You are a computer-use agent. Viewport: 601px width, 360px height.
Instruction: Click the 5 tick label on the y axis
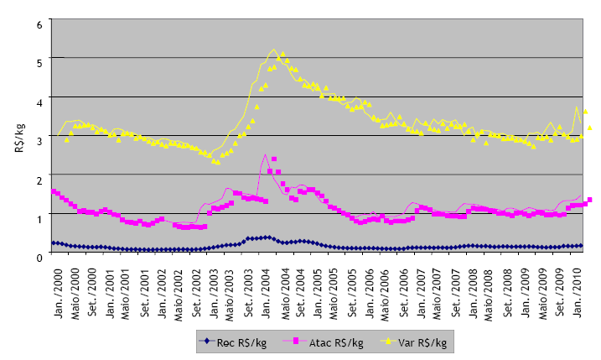point(39,61)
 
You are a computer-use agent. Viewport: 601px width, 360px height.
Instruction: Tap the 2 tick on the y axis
point(39,178)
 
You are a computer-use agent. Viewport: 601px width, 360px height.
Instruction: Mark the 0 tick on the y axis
point(39,255)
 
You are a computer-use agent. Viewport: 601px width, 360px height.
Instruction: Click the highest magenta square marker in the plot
point(274,159)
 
